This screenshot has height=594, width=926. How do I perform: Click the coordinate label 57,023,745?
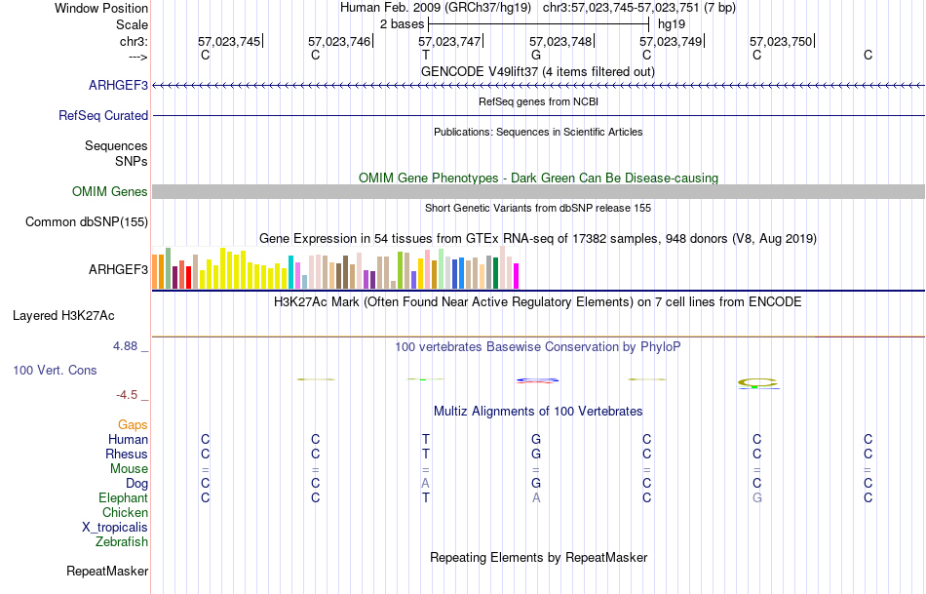(x=229, y=42)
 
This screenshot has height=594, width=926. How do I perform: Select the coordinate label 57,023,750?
(x=781, y=42)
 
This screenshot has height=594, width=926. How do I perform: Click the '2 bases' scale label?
(x=401, y=23)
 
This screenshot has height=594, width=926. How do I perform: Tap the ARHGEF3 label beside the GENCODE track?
(x=118, y=85)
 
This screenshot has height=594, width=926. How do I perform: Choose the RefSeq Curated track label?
(x=103, y=115)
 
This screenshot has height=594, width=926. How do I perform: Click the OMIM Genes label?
(x=110, y=191)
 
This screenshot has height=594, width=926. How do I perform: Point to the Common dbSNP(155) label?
(x=87, y=221)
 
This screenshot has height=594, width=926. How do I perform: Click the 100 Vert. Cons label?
(x=55, y=371)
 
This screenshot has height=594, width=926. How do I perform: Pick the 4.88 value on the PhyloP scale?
(x=129, y=345)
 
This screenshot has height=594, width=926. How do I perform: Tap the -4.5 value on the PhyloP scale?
(x=130, y=395)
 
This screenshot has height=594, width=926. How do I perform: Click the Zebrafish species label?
(x=122, y=541)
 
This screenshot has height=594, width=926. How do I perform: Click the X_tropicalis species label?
(x=115, y=527)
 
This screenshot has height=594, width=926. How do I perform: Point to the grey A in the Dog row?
(x=425, y=483)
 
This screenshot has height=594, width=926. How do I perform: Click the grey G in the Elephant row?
(x=756, y=497)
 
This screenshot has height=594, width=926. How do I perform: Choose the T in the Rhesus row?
(x=425, y=454)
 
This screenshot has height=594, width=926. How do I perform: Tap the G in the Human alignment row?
(x=535, y=439)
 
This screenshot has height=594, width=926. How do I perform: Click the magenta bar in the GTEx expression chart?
(x=516, y=275)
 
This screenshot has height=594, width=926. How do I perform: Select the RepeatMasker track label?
(x=107, y=571)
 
